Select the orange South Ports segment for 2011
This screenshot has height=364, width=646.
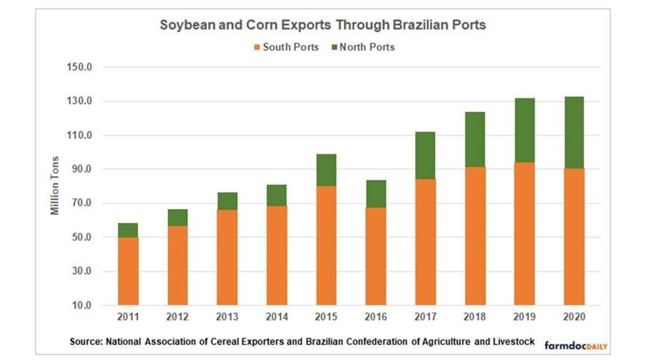(x=128, y=271)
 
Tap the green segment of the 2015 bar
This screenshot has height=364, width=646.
(x=326, y=170)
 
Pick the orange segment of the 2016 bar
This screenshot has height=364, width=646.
(x=375, y=256)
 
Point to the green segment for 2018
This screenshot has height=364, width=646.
(x=474, y=139)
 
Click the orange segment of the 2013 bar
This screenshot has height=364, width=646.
(x=227, y=257)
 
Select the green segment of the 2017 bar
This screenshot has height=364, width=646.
(x=425, y=155)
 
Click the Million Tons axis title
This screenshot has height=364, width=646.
(x=55, y=186)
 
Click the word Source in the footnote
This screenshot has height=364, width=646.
(x=87, y=341)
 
